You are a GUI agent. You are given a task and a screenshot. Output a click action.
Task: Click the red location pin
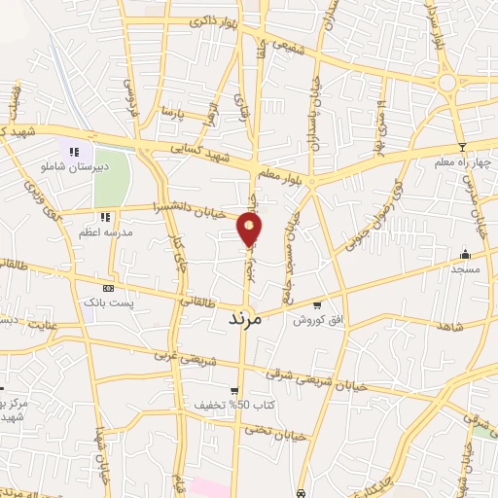[250, 228]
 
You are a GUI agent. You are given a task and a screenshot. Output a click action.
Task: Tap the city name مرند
[246, 318]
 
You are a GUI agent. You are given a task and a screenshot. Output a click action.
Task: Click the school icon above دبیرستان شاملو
[74, 150]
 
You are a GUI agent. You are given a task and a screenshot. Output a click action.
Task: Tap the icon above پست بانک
[107, 289]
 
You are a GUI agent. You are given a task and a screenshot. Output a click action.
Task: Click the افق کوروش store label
[309, 319]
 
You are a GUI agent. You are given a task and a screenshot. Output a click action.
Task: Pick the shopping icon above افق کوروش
[316, 304]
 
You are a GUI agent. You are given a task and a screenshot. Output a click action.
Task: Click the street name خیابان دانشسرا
[198, 208]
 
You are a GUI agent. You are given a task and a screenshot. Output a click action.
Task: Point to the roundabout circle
[448, 84]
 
